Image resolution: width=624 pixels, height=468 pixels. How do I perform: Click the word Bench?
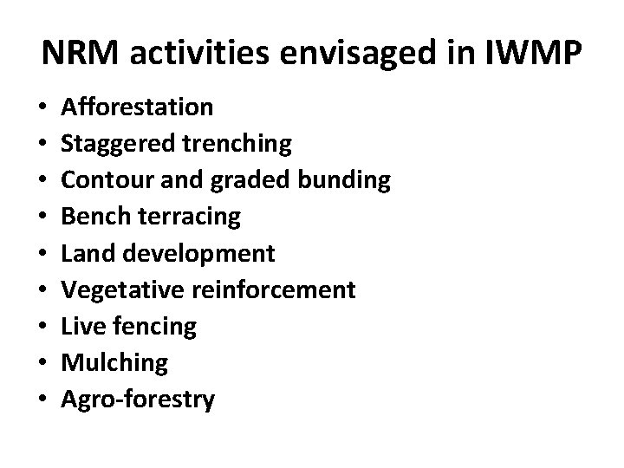91,217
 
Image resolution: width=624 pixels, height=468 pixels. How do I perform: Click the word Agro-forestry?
138,400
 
